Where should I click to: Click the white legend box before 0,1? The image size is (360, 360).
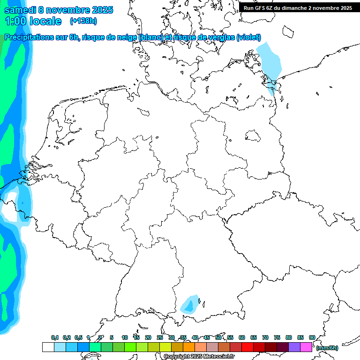48,347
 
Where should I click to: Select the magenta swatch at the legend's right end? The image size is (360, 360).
306,347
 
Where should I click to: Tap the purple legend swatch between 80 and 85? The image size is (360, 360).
294,347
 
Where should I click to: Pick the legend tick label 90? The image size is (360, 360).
312,337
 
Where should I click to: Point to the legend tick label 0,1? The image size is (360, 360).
55,337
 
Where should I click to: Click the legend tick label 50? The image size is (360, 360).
218,337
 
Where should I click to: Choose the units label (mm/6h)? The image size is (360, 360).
327,348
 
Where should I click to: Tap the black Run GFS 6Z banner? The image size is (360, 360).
298,7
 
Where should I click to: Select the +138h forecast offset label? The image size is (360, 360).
83,21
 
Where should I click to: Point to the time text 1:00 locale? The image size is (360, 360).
33,21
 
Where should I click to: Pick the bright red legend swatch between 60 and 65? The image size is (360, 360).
247,347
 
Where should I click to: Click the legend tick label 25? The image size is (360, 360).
160,337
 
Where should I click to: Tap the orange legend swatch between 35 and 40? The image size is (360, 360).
189,347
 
